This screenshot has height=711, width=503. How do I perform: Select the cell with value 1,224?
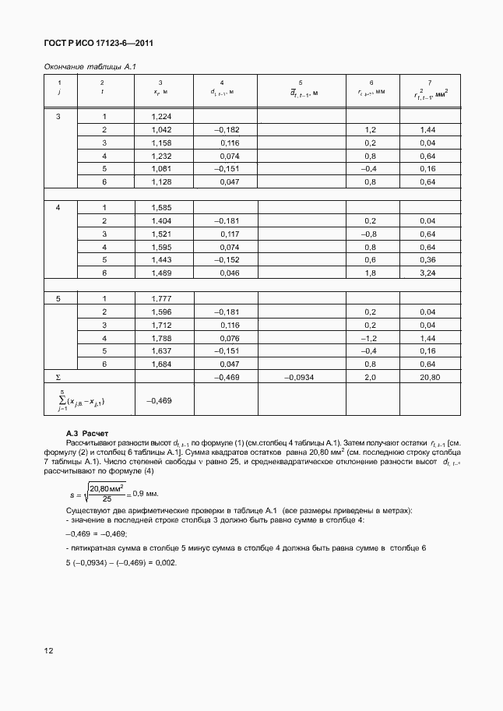click(x=160, y=116)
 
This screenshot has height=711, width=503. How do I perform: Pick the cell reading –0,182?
click(x=227, y=129)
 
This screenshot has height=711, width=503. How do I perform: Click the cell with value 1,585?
click(x=160, y=208)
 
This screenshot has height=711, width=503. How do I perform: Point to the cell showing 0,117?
click(x=229, y=234)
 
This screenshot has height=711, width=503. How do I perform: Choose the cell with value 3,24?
click(x=427, y=273)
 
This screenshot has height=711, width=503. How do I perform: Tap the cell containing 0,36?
click(x=427, y=260)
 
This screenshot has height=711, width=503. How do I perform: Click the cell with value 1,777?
click(x=160, y=299)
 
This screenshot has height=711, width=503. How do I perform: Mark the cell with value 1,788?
click(x=160, y=338)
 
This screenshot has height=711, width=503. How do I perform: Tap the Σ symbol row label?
click(x=47, y=377)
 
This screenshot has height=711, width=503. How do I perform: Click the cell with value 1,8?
click(x=370, y=273)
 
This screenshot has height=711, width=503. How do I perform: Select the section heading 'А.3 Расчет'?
click(x=87, y=433)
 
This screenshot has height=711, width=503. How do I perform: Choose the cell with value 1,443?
click(x=160, y=260)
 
